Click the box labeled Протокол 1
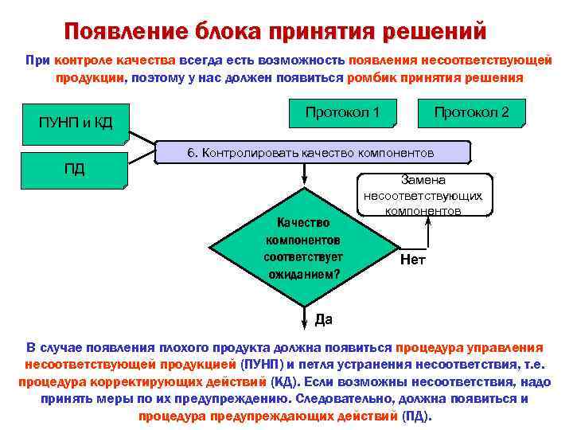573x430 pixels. (x=343, y=114)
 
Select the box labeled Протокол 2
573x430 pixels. (x=471, y=114)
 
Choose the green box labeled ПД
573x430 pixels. (x=75, y=170)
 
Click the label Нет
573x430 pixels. (x=413, y=260)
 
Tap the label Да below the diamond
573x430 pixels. (x=324, y=319)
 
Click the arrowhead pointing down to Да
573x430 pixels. (x=303, y=322)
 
